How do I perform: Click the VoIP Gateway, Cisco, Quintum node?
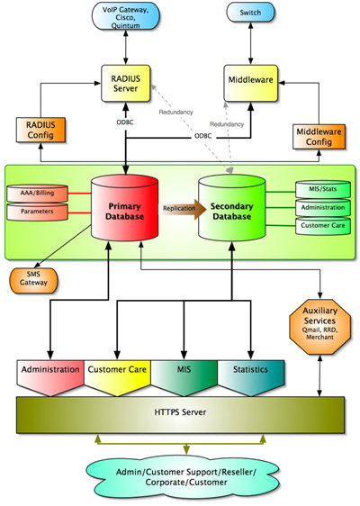125,16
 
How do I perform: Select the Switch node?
250,13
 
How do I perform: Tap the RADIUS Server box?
125,83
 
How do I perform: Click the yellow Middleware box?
250,83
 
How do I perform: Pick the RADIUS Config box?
40,130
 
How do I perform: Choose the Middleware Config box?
319,137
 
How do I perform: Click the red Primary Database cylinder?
124,208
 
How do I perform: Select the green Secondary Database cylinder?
231,208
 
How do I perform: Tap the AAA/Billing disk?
38,194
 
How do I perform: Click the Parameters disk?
38,212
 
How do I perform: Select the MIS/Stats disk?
323,189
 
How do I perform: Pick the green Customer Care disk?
323,226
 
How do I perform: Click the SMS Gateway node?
33,280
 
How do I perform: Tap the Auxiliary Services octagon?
320,327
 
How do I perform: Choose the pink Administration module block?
50,377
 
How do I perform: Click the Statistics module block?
251,377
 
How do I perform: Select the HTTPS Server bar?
180,414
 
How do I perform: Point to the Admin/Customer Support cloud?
186,477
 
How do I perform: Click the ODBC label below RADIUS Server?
125,122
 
